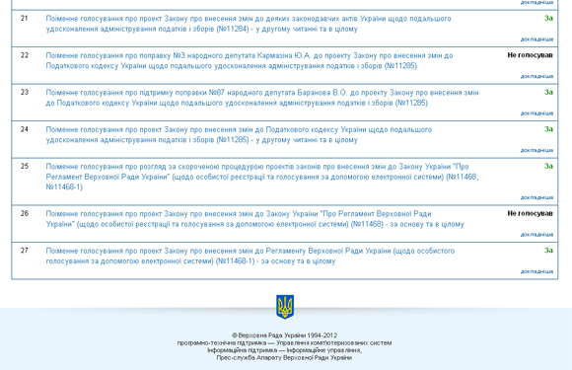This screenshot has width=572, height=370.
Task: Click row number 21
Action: point(25,19)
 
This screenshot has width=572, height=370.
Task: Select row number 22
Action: point(25,55)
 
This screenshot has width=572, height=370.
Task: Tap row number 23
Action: point(25,92)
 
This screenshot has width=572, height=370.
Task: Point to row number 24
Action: point(25,129)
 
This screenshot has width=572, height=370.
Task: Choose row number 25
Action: point(25,166)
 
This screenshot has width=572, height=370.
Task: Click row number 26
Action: point(25,213)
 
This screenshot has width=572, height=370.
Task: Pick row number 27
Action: point(25,251)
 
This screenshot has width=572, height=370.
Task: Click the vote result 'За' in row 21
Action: point(548,19)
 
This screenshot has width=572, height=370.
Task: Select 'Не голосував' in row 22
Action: point(530,55)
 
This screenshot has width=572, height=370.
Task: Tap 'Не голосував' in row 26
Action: point(530,213)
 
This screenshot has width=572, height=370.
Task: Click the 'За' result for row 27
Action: point(548,251)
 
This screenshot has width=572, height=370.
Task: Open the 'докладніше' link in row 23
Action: point(536,113)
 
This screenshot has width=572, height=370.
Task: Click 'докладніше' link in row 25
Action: point(536,197)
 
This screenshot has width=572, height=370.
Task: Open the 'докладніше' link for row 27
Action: point(536,271)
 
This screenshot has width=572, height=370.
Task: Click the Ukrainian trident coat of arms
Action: point(285,307)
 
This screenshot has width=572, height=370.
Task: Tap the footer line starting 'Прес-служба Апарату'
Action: point(285,357)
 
